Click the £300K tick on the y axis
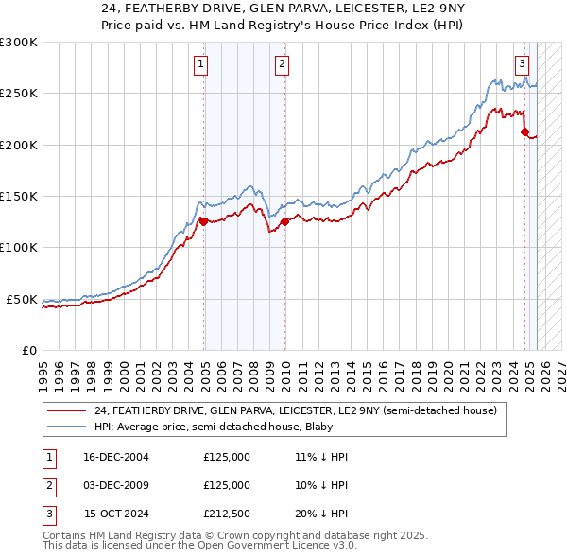click(19, 43)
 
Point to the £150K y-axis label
click(19, 197)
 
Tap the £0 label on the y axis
click(28, 350)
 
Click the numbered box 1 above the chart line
click(202, 64)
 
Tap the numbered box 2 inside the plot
click(283, 64)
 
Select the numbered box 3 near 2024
click(522, 64)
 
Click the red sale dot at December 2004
click(203, 222)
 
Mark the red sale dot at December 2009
click(283, 222)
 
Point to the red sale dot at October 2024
click(524, 132)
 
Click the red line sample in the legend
click(66, 411)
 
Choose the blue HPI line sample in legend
click(66, 427)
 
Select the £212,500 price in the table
click(227, 515)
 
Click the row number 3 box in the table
click(47, 515)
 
